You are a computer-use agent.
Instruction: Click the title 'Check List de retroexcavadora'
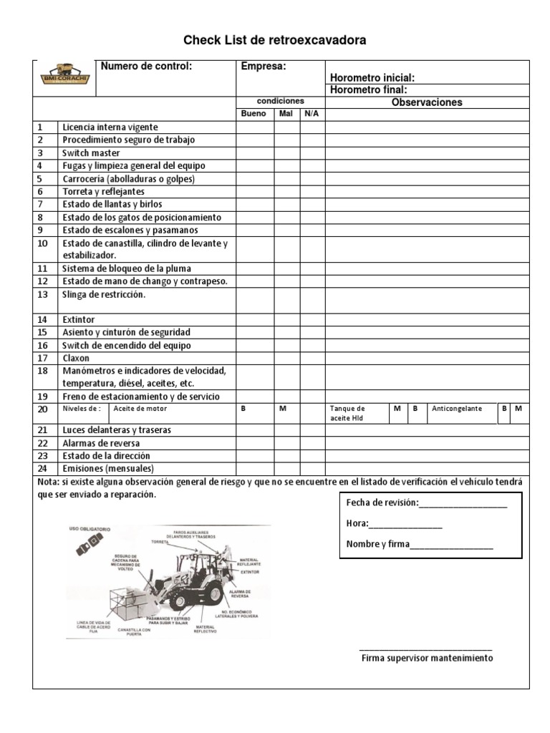point(275,41)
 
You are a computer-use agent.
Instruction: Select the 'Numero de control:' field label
point(147,67)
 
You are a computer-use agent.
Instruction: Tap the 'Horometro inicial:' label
point(372,78)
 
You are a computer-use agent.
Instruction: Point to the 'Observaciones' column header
point(427,102)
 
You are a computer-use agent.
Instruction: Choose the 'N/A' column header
point(312,114)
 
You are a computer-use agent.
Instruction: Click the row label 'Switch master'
point(91,153)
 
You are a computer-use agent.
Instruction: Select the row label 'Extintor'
point(78,319)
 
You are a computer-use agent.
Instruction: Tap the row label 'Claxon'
point(77,358)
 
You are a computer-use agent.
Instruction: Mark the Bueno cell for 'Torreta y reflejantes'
point(255,192)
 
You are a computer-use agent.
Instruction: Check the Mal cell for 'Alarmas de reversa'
point(286,443)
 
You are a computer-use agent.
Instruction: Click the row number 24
point(42,469)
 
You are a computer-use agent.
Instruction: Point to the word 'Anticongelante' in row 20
point(457,409)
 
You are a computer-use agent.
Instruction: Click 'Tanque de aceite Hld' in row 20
point(349,413)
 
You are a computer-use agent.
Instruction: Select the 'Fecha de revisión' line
point(426,503)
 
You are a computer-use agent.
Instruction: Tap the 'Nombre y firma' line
point(420,544)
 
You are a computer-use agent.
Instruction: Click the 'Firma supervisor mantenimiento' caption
point(427,659)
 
